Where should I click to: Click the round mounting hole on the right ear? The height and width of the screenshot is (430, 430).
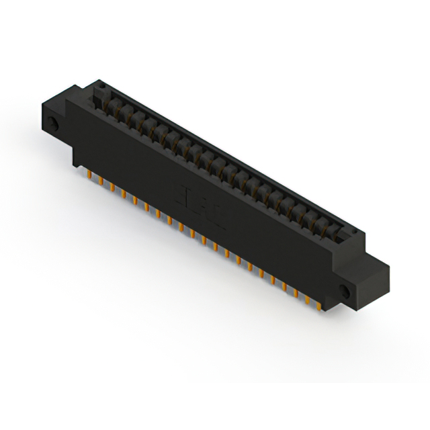pos(345,291)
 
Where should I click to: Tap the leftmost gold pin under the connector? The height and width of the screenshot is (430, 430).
pos(89,176)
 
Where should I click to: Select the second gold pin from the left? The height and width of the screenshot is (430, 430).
pos(100,182)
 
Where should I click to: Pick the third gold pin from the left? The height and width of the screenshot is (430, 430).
pos(112,189)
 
